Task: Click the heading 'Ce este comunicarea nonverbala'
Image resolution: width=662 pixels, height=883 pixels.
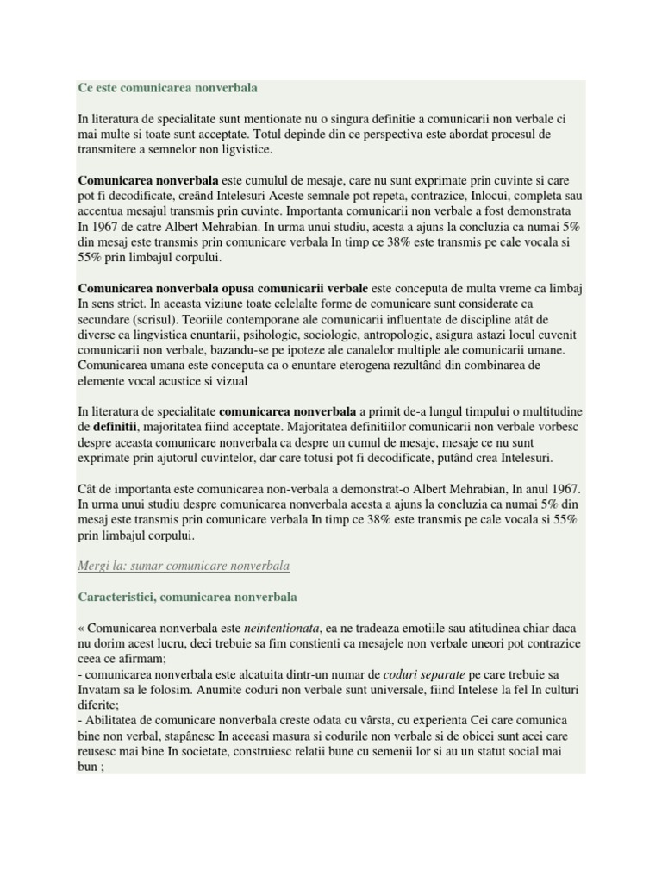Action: (x=167, y=88)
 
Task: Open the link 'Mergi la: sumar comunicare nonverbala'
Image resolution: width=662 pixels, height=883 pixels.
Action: (x=184, y=566)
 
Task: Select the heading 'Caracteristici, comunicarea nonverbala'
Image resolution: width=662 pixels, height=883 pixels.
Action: (x=187, y=597)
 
